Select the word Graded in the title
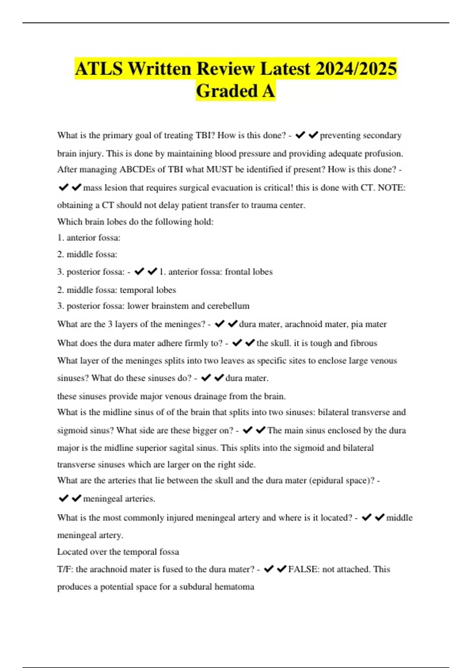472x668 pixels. tap(227, 91)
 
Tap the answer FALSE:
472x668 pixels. tap(303, 569)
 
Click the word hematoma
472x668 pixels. tap(237, 587)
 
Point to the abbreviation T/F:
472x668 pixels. tap(65, 569)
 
